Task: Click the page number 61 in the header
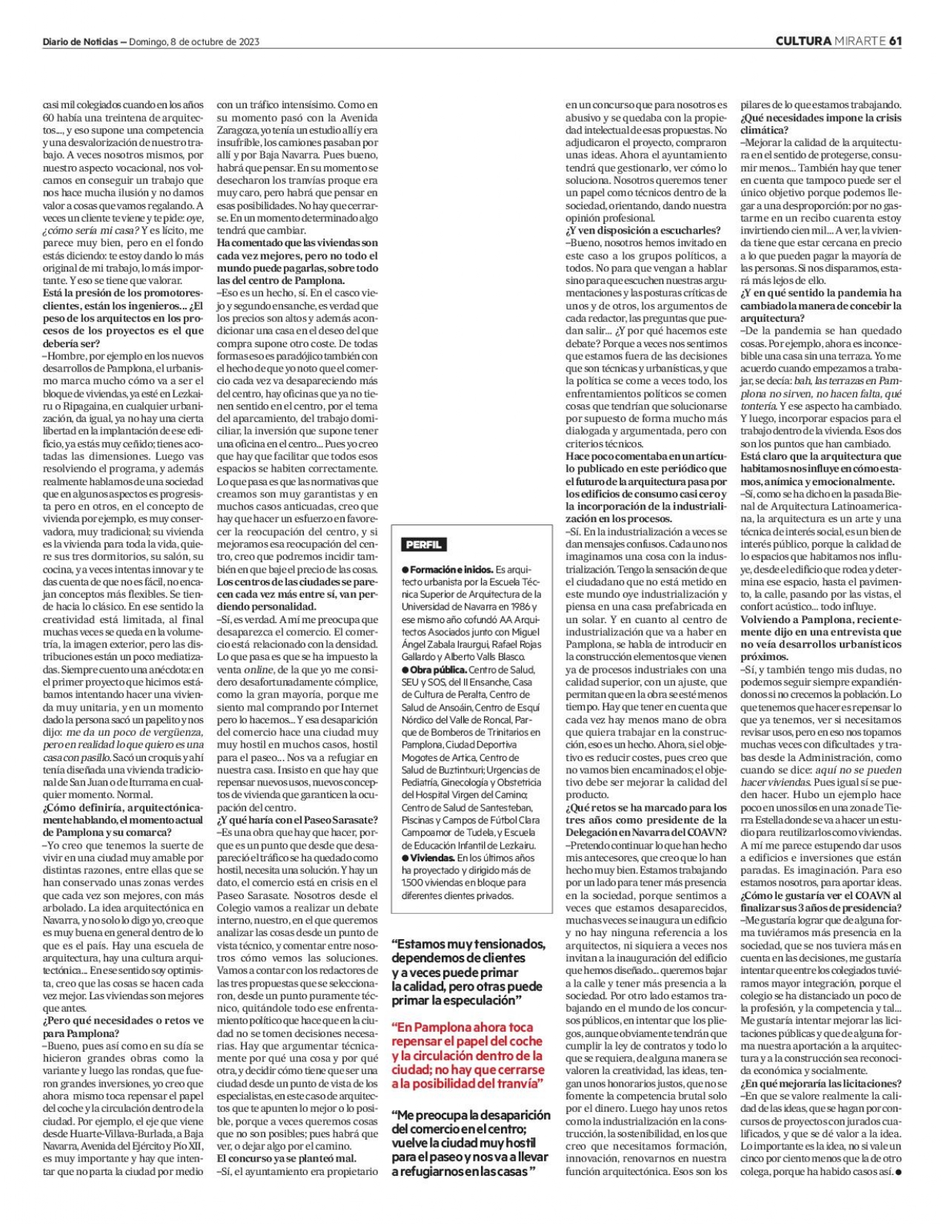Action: pos(895,41)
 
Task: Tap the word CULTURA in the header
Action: pos(803,41)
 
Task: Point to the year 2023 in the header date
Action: pos(249,42)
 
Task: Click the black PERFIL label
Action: pos(423,544)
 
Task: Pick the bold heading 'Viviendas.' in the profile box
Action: pos(433,858)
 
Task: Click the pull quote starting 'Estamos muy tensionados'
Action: pos(468,972)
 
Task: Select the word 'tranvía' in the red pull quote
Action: pos(516,1085)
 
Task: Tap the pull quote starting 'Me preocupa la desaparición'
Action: pos(471,1142)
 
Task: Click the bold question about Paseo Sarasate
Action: pos(297,820)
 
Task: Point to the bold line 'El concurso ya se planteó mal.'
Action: pos(286,1158)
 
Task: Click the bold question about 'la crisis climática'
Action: pos(820,124)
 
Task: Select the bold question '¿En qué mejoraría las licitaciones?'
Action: pos(821,1084)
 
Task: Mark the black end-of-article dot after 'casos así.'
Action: pos(898,1172)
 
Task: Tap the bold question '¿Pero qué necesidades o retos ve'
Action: pos(123,1027)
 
